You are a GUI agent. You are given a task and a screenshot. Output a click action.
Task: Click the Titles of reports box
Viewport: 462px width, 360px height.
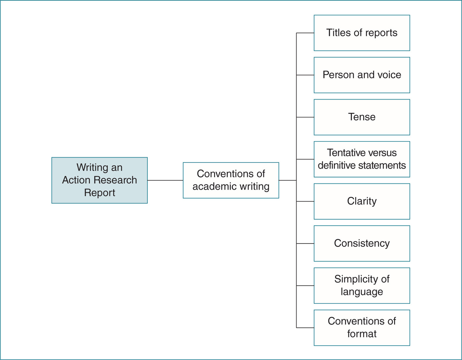[362, 33]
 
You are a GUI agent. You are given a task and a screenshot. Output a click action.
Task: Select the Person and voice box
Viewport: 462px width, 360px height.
[362, 75]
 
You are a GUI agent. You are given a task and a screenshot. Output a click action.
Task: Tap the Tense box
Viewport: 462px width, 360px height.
[362, 117]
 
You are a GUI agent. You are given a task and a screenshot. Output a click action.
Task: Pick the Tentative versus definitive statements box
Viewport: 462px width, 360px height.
[362, 159]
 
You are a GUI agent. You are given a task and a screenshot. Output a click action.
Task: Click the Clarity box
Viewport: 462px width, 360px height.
[362, 201]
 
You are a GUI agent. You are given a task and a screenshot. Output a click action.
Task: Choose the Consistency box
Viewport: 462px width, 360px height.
[362, 243]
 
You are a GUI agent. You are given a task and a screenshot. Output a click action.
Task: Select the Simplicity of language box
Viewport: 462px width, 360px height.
[362, 285]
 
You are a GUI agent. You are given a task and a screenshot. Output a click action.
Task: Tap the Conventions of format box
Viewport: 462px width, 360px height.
[362, 328]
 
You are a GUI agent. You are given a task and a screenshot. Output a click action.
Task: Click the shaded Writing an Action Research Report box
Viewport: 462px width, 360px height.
[99, 180]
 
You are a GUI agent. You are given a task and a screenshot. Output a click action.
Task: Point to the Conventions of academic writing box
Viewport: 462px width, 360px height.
[231, 180]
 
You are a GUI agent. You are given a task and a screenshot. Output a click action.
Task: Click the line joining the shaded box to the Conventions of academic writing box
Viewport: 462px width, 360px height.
[165, 180]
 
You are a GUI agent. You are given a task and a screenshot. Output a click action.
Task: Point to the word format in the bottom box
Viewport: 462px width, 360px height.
[362, 334]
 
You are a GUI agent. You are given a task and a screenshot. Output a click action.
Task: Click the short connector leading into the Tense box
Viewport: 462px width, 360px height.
[305, 117]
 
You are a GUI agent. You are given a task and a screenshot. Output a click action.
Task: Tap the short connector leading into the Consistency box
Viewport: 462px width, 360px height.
[305, 243]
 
